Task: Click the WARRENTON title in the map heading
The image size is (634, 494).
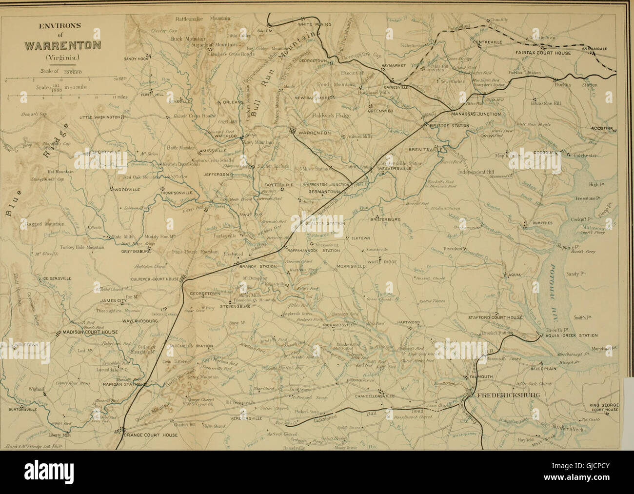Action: click(63, 46)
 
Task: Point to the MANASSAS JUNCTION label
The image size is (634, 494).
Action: click(476, 114)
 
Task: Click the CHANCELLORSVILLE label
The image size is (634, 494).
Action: click(375, 396)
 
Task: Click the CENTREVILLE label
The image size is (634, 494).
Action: click(488, 42)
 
